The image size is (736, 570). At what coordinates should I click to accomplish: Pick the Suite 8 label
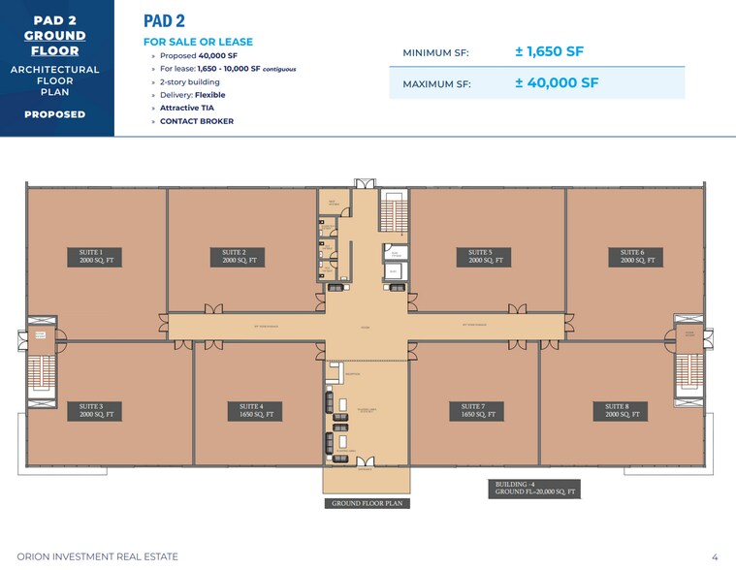[x=624, y=410]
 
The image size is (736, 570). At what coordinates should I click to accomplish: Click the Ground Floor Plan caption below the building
[x=367, y=503]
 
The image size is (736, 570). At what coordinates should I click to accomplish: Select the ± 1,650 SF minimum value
[x=549, y=51]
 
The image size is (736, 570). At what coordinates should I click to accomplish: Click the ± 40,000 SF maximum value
[x=557, y=82]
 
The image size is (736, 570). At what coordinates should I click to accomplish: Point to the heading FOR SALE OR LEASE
[x=198, y=42]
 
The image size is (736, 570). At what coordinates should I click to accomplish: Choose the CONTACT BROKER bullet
[x=196, y=121]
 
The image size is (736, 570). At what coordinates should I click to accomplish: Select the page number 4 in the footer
[x=715, y=556]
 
